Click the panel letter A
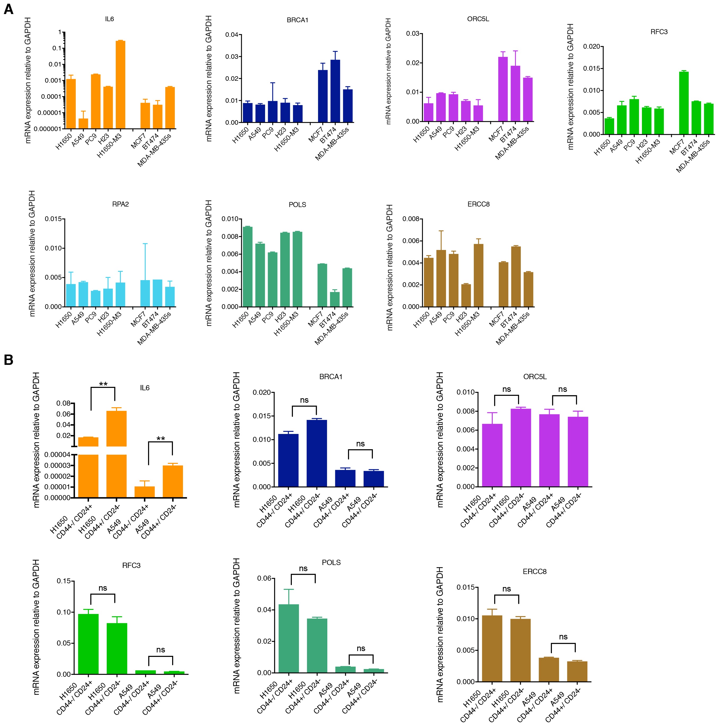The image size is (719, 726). tap(8, 9)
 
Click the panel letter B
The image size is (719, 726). tap(8, 360)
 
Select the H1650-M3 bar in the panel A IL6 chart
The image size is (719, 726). tap(120, 84)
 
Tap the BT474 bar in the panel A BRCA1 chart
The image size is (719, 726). tap(335, 91)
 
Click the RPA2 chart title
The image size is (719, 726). tap(120, 204)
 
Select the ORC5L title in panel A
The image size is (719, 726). tap(478, 19)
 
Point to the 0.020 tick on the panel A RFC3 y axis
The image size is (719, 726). tap(592, 47)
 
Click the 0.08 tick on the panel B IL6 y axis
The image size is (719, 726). tap(63, 403)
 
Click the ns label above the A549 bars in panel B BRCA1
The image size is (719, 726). tap(360, 444)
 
